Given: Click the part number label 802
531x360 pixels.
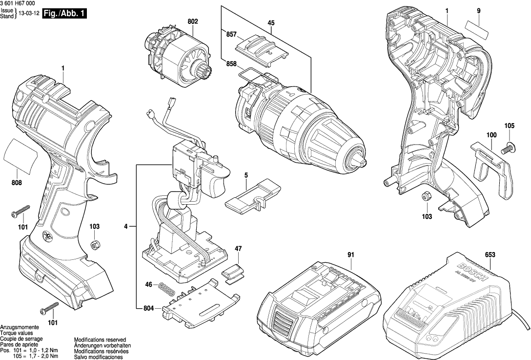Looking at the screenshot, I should [192, 21].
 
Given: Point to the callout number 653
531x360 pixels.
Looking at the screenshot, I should [490, 254].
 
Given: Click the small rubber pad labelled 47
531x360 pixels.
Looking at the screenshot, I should [234, 271].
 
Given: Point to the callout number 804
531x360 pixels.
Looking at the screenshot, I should [149, 308].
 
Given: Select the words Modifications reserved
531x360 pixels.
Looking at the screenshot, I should [100, 339].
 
